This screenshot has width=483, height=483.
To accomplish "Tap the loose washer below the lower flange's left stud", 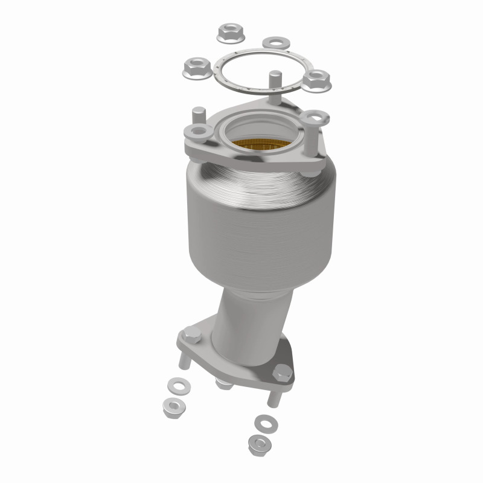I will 177,384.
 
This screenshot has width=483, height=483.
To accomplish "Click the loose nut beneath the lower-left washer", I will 175,406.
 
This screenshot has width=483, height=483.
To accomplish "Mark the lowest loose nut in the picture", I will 259,446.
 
